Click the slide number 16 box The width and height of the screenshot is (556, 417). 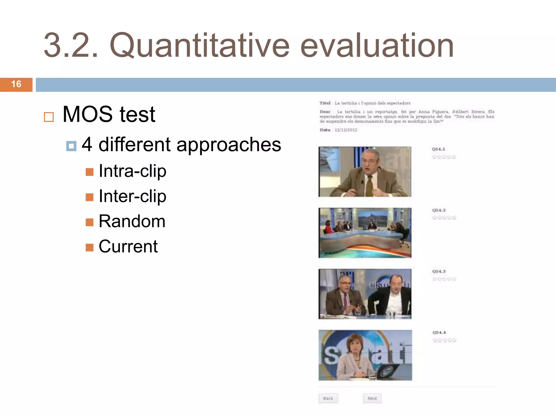tap(16, 84)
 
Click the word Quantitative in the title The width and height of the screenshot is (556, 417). tap(200, 46)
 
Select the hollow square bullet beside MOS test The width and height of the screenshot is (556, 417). tap(49, 117)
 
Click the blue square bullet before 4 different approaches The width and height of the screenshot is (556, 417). tap(71, 146)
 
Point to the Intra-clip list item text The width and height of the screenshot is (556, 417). tap(132, 171)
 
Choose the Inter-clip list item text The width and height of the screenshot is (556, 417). tap(132, 196)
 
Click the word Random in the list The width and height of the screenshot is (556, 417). tap(132, 221)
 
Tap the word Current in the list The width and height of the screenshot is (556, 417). tap(128, 247)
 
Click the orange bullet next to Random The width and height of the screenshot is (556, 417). tap(89, 222)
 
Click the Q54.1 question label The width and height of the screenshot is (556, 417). tap(438, 149)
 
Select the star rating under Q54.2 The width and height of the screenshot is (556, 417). tap(444, 218)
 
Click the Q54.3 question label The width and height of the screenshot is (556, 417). tap(439, 271)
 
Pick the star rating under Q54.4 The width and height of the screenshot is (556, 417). tap(445, 340)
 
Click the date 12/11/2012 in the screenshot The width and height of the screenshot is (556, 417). tap(346, 130)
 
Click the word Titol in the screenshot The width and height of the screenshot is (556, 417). tap(325, 103)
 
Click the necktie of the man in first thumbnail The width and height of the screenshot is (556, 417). tap(369, 186)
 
